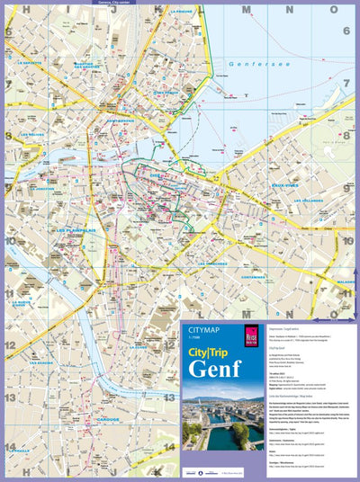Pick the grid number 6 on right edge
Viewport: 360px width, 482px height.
click(346, 31)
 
